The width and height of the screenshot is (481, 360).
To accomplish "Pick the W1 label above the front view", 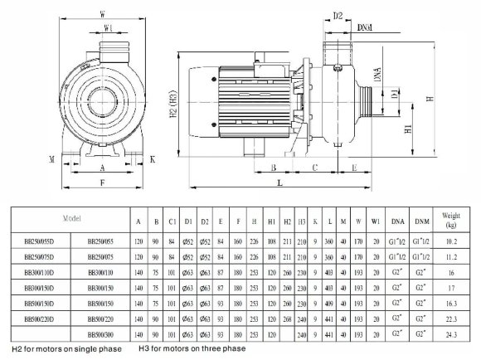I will [108, 27].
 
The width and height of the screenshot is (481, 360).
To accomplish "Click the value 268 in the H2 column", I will [287, 319].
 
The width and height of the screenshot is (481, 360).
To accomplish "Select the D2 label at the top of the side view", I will [338, 15].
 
